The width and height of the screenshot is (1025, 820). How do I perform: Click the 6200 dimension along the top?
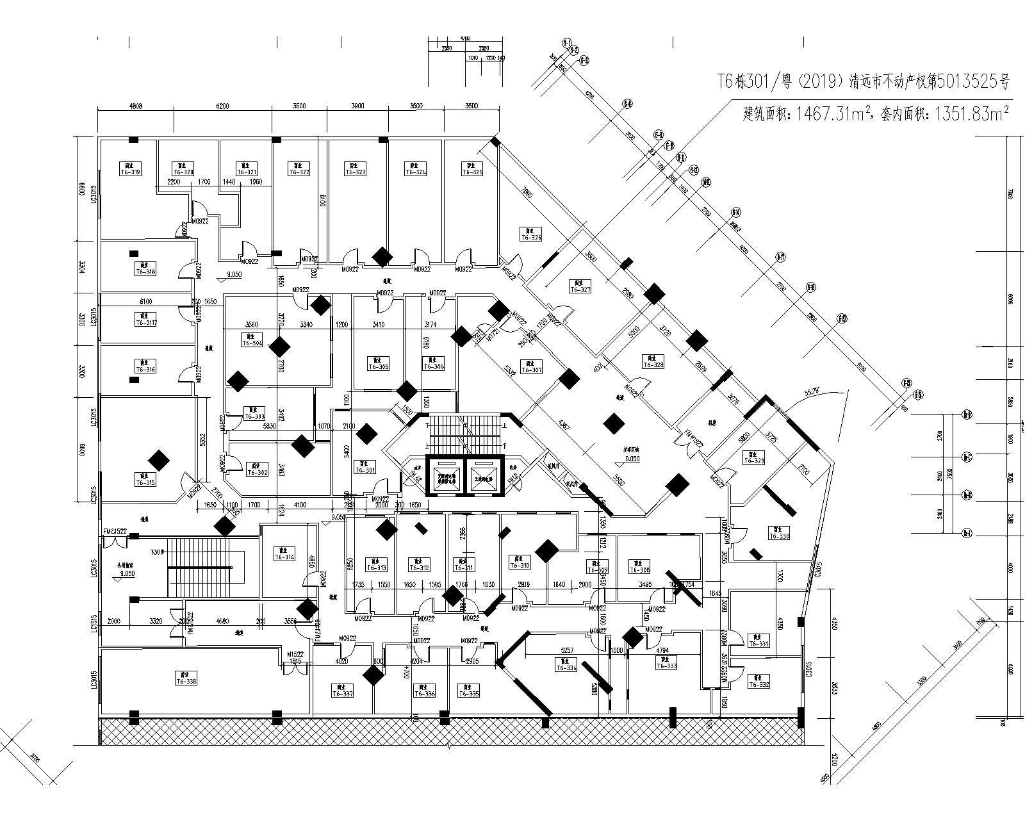[222, 106]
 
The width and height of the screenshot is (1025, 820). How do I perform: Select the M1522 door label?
[295, 653]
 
